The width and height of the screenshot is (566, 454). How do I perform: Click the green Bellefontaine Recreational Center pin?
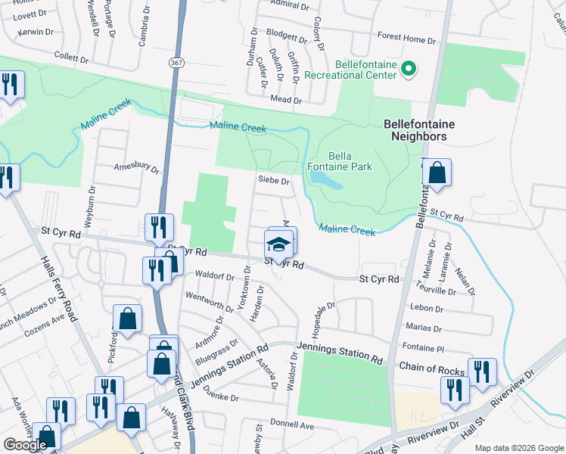point(409,70)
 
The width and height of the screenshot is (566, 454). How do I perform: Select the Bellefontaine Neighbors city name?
point(415,130)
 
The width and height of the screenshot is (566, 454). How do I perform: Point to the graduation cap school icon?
point(278,244)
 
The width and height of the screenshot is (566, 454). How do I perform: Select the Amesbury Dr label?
point(136,168)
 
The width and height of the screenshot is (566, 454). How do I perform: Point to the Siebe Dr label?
point(274,182)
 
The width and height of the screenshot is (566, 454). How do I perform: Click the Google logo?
point(25,445)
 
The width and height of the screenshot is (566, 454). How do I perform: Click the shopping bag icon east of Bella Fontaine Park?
point(437,173)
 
